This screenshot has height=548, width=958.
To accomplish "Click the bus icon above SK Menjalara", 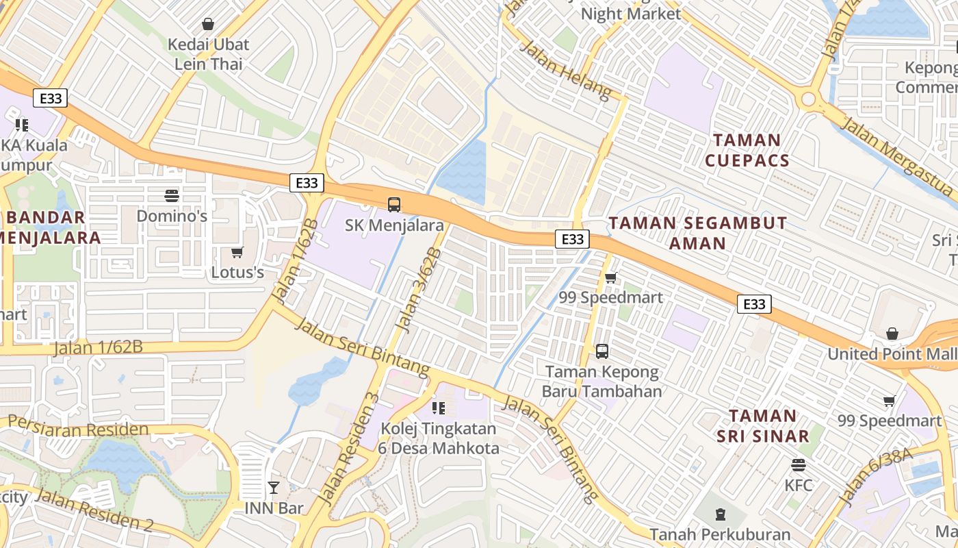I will pos(394,204).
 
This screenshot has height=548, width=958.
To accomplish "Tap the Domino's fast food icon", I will pos(172,196).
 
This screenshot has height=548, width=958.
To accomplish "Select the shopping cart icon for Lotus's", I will pos(237,253).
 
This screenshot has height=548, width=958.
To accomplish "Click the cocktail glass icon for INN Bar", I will pos(274,488).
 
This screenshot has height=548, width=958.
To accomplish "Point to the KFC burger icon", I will pos(798,465).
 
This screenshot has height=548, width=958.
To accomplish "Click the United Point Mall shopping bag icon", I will pos(892,334).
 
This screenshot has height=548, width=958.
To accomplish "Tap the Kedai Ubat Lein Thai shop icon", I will pos(208,24).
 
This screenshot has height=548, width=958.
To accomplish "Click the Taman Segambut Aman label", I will pos(698,233).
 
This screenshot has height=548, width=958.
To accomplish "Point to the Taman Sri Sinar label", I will pos(762,425).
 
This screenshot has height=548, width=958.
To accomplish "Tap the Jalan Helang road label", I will pos(565,70).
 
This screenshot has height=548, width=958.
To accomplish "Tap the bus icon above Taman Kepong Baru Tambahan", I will pos(602,351).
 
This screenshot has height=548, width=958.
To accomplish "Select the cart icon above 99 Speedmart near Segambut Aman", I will pos(610,277).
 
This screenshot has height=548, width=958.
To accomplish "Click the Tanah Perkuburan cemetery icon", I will pos(720,514).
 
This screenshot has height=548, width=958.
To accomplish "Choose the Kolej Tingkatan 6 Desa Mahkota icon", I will pos(439,409).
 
